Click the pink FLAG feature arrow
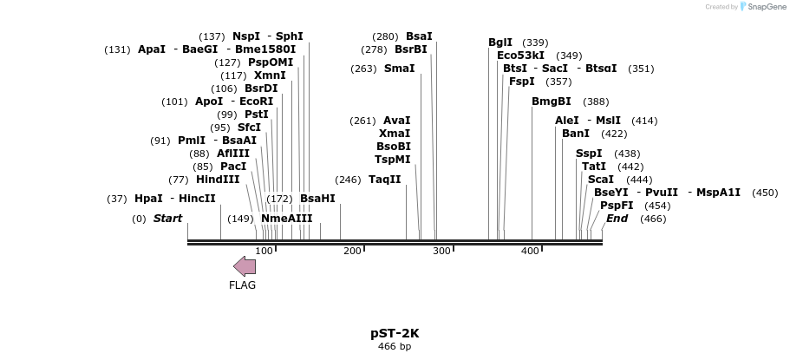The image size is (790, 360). tap(244, 266)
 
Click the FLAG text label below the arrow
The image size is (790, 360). tap(242, 285)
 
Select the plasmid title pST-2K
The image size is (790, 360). tap(395, 333)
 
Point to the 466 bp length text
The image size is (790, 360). tap(395, 347)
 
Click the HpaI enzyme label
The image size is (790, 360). tap(148, 199)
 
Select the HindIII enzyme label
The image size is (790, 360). tap(217, 180)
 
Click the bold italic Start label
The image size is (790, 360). tap(167, 219)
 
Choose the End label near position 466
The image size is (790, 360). tap(617, 219)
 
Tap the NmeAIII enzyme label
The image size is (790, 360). tap(286, 219)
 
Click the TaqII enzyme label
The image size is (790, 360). tap(384, 180)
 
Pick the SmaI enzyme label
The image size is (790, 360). tap(399, 69)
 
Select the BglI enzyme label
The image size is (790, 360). tap(500, 43)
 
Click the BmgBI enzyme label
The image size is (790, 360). tap(552, 101)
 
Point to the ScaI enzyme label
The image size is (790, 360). tap(601, 180)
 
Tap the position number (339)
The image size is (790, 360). tap(535, 43)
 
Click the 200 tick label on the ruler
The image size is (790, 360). tap(351, 251)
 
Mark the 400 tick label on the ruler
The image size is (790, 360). tap(530, 251)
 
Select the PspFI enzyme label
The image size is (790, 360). tap(617, 206)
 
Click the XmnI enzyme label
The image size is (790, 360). tap(270, 75)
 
